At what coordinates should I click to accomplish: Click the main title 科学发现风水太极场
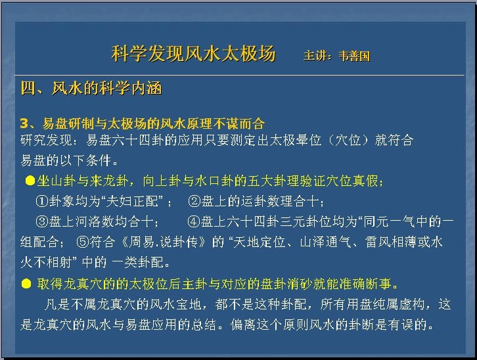pos(193,54)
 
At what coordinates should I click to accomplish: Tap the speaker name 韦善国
pos(354,56)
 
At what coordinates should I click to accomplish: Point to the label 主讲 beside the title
pos(314,56)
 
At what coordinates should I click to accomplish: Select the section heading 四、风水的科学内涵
pos(91,88)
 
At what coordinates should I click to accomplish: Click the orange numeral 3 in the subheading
pos(24,124)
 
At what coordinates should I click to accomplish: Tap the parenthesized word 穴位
pos(348,140)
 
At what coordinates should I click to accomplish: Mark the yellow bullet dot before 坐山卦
pos(30,181)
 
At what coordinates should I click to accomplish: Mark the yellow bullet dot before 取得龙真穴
pos(26,284)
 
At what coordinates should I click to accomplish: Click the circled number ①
pos(42,201)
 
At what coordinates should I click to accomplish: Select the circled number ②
pos(194,201)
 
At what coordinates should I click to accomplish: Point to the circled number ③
pos(42,221)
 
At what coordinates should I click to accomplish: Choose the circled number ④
pos(193,221)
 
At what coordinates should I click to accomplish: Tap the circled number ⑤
pos(82,242)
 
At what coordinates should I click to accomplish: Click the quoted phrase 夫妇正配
pos(132,201)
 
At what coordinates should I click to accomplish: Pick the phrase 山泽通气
pos(326,242)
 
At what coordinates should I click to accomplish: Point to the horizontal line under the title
pos(240,74)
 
